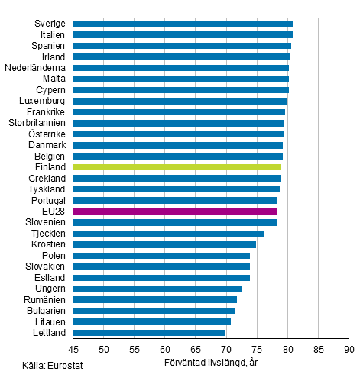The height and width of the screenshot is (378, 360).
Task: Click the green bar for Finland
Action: point(177,167)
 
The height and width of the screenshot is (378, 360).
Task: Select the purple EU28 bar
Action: point(175,212)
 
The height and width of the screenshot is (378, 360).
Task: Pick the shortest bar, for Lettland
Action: point(149,333)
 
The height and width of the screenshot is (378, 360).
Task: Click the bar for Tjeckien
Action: point(168,234)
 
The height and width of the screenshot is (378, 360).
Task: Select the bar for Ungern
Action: point(157,289)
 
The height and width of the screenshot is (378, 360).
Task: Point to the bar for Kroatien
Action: point(164,244)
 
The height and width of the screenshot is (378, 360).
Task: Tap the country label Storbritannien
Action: point(37,123)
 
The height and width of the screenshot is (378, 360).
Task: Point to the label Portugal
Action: point(47,200)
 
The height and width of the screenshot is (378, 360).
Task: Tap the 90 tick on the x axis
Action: point(349,350)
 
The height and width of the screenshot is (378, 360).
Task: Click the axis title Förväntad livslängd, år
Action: point(211,362)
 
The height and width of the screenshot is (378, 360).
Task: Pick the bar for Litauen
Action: point(152,321)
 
